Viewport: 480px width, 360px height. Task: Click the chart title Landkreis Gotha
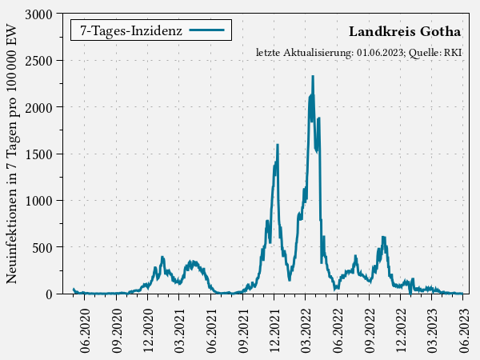coord(405,32)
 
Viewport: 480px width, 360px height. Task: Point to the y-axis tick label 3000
coord(38,14)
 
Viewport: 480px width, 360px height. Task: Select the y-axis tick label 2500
coord(38,61)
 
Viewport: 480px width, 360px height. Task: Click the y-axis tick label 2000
coord(38,107)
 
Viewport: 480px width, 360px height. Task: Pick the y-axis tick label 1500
coord(38,154)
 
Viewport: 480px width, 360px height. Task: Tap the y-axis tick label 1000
coord(38,201)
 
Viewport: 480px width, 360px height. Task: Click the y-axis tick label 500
coord(42,247)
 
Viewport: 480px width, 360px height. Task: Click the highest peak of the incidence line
coord(313,77)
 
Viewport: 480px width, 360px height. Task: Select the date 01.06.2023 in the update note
coord(380,53)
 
